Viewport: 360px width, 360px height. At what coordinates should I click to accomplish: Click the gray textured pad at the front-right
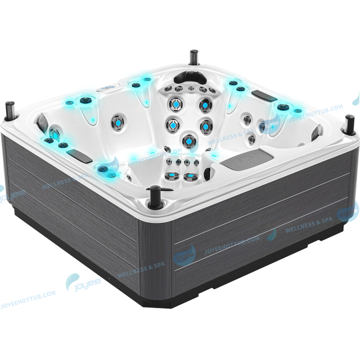click(x=242, y=160)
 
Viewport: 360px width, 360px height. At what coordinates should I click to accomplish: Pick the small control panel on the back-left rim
click(x=107, y=89)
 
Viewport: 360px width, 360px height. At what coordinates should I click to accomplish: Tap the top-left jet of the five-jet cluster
click(x=175, y=105)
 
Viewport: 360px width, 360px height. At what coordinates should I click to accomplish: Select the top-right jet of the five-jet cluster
click(x=205, y=105)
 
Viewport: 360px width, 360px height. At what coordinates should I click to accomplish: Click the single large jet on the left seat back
click(x=119, y=120)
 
